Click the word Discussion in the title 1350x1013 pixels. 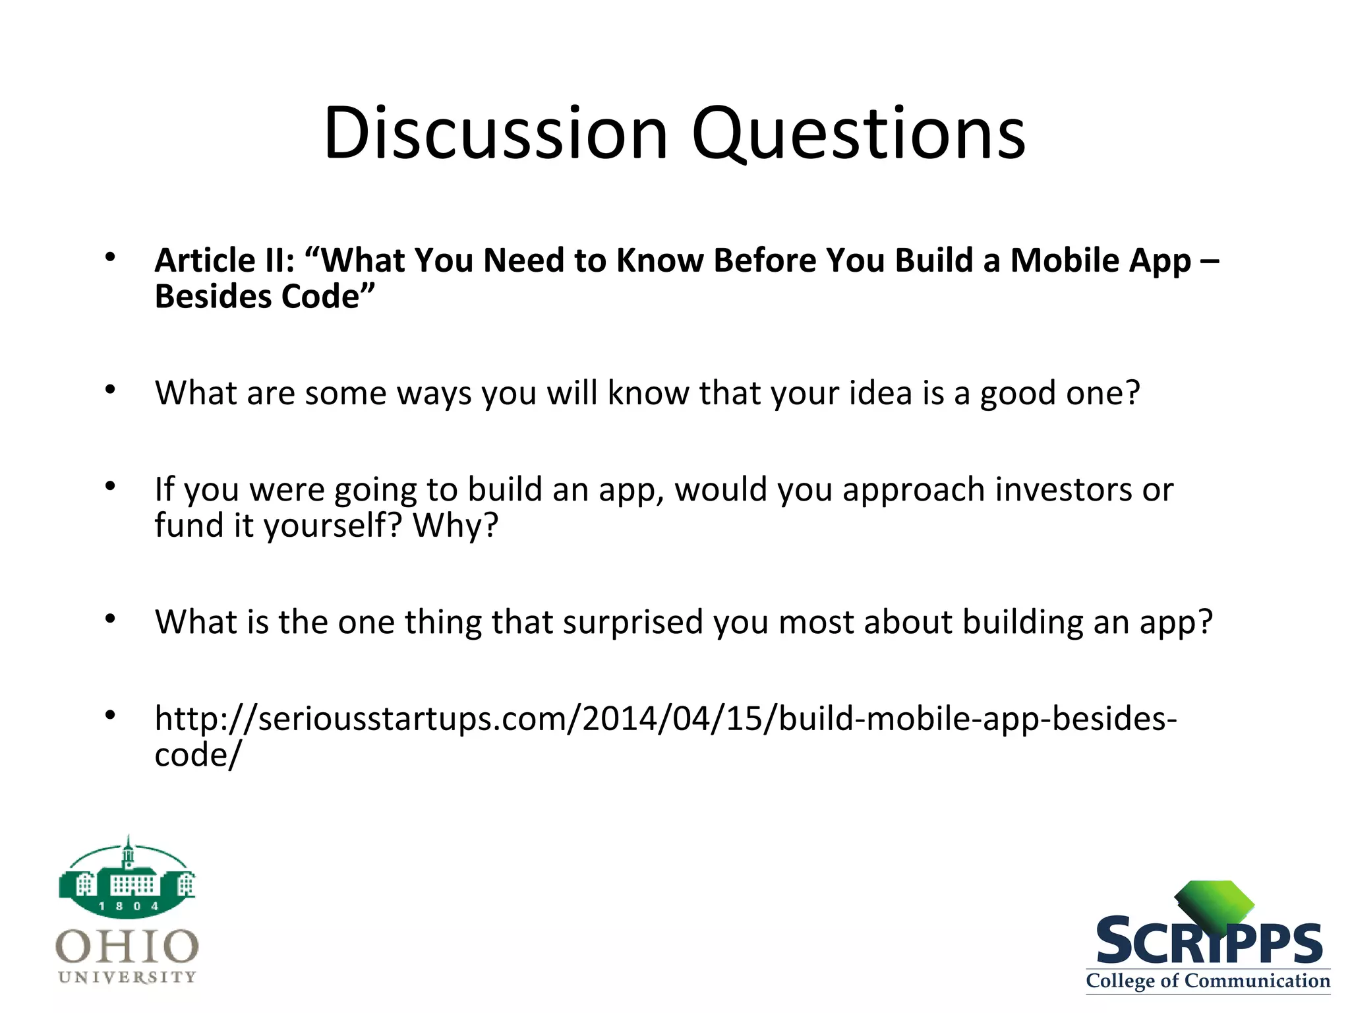click(496, 134)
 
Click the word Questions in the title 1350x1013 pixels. click(858, 134)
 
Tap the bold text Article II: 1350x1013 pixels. click(224, 261)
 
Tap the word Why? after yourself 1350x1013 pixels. click(455, 526)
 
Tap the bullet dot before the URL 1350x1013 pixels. click(110, 715)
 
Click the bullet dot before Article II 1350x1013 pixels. click(110, 257)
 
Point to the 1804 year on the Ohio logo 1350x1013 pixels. click(128, 906)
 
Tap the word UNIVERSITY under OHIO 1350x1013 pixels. click(127, 977)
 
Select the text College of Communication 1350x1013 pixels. click(1208, 981)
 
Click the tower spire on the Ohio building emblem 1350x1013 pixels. click(129, 847)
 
